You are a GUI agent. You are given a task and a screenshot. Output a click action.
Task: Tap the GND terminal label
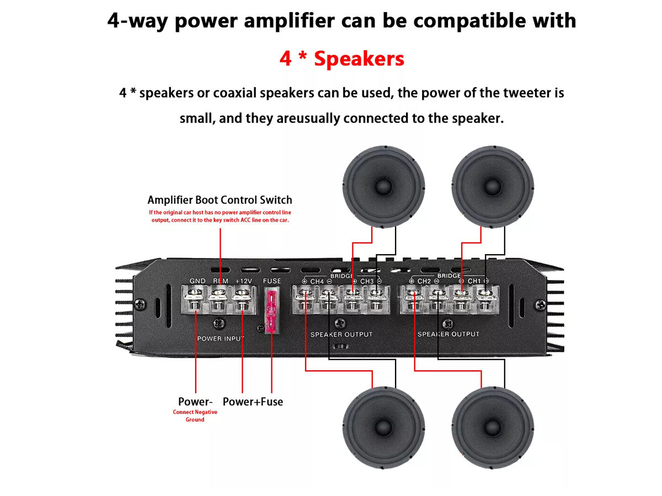point(197,281)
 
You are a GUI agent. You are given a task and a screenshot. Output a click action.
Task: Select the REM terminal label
point(221,281)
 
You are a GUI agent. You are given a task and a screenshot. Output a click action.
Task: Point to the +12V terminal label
point(243,281)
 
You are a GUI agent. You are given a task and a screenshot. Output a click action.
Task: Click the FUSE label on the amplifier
point(271,281)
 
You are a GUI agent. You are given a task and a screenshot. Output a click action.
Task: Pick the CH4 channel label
point(317,282)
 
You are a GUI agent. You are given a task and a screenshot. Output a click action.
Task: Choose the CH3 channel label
point(366,282)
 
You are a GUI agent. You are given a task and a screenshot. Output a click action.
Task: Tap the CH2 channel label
point(424,282)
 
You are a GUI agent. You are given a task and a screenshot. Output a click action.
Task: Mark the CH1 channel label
point(474,282)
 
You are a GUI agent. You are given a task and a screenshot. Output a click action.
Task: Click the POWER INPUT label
point(221,338)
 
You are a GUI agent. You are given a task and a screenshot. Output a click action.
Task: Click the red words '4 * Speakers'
point(341,58)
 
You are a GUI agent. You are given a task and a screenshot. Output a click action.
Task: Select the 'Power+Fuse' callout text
point(253,402)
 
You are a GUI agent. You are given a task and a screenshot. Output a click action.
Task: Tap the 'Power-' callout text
point(195,402)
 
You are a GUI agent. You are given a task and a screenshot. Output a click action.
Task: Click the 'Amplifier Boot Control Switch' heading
point(220,200)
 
